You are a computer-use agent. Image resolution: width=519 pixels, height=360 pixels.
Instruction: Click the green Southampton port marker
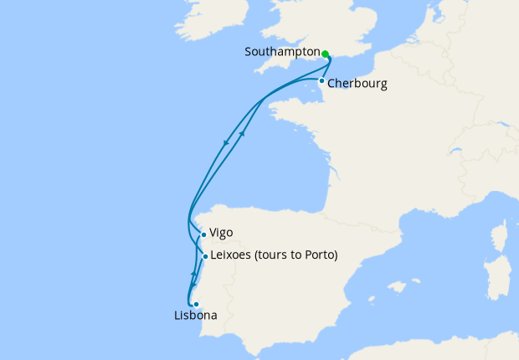tap(325, 54)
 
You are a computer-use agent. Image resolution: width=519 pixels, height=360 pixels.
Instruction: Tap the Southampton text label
tap(282, 52)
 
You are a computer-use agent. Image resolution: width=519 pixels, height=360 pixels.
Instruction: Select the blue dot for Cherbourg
tap(321, 81)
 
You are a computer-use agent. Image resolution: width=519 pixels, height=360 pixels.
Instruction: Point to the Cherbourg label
tap(357, 84)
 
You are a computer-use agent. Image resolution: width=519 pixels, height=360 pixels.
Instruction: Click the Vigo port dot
tap(203, 235)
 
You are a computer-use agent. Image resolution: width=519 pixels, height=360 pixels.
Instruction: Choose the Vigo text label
tap(222, 234)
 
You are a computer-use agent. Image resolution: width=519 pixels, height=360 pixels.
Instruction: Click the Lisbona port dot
tap(195, 304)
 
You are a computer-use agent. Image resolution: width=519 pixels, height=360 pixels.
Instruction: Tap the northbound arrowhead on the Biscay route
tap(243, 133)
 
